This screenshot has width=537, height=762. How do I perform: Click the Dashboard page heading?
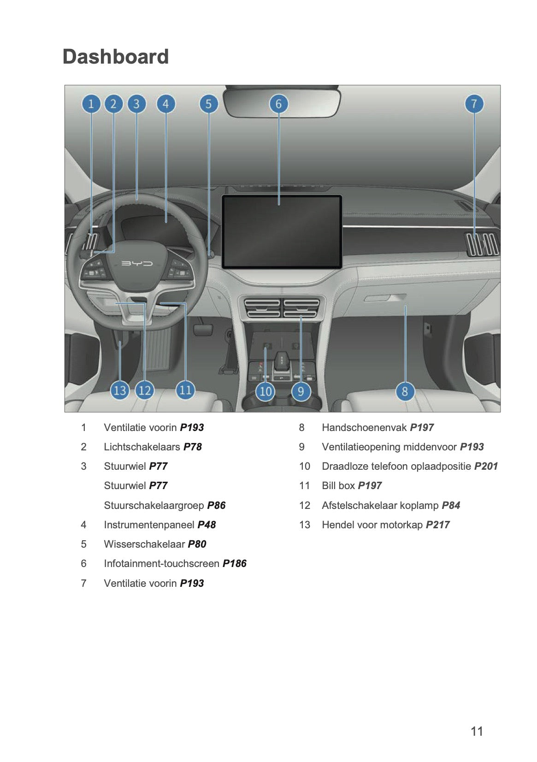[115, 57]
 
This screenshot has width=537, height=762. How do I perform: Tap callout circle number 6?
[278, 104]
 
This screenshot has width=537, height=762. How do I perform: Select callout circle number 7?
[474, 104]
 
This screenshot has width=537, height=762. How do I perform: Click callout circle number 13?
[120, 390]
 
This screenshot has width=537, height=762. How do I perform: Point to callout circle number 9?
[301, 391]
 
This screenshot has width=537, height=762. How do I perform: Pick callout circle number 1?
[91, 104]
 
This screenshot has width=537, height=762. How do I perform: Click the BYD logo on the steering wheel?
[137, 264]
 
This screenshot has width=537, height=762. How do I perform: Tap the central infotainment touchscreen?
[282, 231]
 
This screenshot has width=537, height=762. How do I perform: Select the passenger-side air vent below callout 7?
[482, 244]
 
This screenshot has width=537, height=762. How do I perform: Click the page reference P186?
[234, 563]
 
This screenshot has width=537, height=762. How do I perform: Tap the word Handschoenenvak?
[364, 427]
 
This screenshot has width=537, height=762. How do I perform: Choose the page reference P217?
[437, 525]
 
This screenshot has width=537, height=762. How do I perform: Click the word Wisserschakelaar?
[144, 544]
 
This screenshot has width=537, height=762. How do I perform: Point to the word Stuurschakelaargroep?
[153, 505]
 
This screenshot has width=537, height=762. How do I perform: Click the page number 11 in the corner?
[477, 731]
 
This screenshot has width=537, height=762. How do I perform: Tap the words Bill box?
[338, 485]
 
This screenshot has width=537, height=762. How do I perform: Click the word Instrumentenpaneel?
[149, 525]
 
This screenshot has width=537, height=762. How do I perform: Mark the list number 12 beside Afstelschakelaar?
[304, 505]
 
